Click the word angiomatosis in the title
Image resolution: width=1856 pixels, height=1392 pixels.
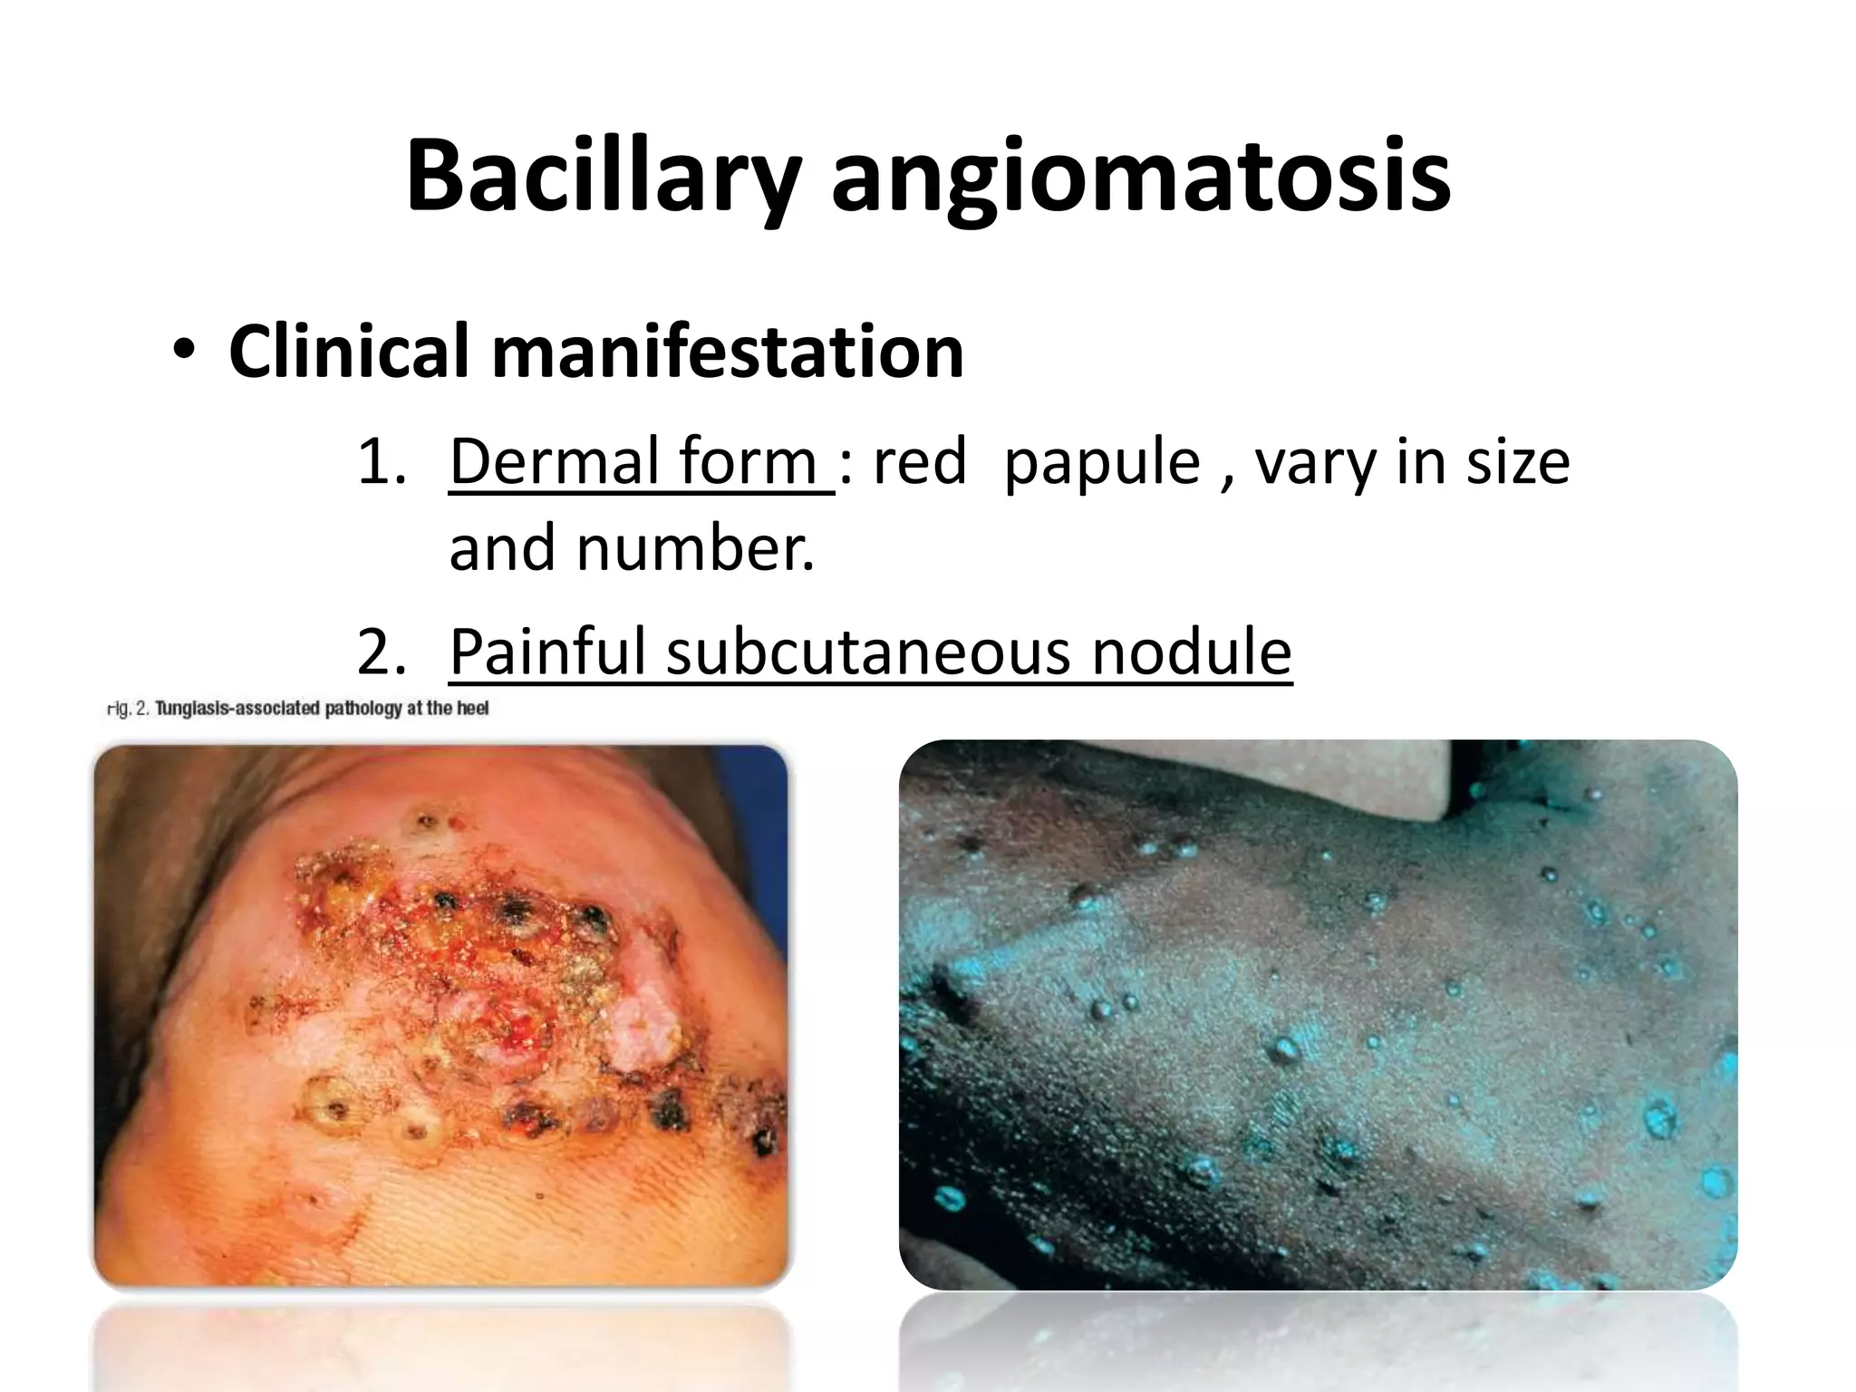tap(1141, 177)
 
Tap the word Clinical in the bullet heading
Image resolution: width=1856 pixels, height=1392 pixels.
tap(349, 352)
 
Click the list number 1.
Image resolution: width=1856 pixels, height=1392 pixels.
tap(382, 462)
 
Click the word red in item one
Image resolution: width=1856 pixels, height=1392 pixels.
tap(920, 462)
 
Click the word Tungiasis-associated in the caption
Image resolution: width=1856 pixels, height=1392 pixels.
tap(238, 709)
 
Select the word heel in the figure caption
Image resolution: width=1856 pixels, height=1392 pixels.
tap(472, 709)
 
